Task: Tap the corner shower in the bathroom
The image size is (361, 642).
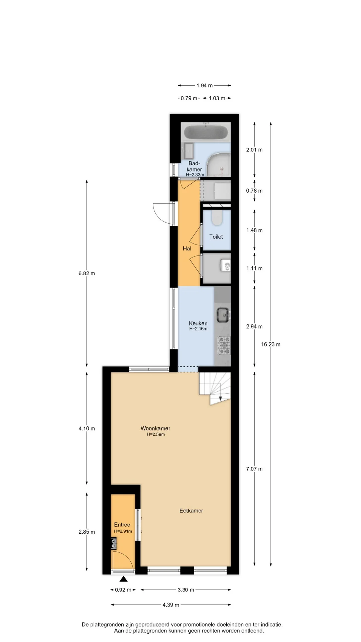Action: pyautogui.click(x=219, y=165)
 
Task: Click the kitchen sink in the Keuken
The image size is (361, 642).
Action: pyautogui.click(x=223, y=315)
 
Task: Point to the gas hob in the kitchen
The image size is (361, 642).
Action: pyautogui.click(x=224, y=345)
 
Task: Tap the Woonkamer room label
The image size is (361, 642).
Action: pyautogui.click(x=155, y=428)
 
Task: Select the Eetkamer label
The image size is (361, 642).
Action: pyautogui.click(x=191, y=511)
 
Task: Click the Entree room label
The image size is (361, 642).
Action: pyautogui.click(x=122, y=525)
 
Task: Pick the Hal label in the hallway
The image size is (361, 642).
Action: pyautogui.click(x=187, y=248)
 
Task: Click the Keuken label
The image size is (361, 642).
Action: pyautogui.click(x=198, y=323)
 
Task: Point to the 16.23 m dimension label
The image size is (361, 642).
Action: pyautogui.click(x=271, y=344)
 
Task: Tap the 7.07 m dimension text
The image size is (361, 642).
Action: pyautogui.click(x=254, y=469)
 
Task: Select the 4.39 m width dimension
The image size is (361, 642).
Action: pyautogui.click(x=171, y=605)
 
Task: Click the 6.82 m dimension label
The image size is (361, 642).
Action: pyautogui.click(x=87, y=273)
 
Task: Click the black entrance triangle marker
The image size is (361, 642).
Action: pyautogui.click(x=124, y=579)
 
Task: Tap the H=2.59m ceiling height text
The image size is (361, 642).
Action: pyautogui.click(x=156, y=434)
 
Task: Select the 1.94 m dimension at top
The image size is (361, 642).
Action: pyautogui.click(x=205, y=86)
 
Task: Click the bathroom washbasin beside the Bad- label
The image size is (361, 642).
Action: pyautogui.click(x=189, y=151)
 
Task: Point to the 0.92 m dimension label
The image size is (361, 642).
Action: pyautogui.click(x=123, y=590)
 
